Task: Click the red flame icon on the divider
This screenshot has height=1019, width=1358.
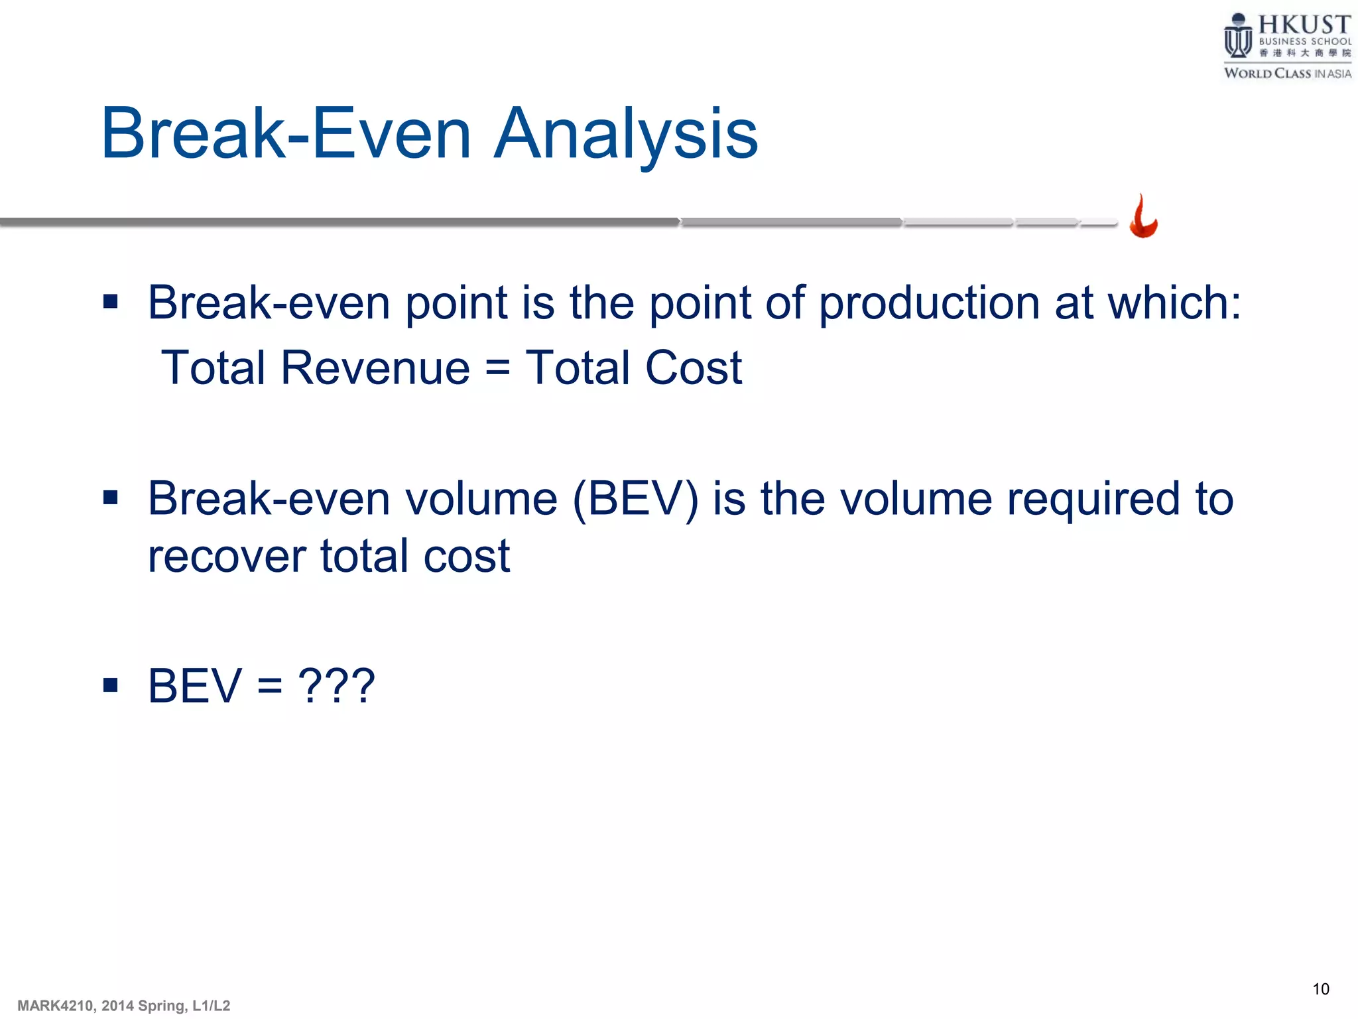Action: pyautogui.click(x=1143, y=217)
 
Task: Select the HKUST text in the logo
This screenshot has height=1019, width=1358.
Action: pyautogui.click(x=1304, y=25)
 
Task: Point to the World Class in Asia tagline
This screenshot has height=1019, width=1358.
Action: pyautogui.click(x=1287, y=74)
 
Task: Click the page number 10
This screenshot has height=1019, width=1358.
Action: pyautogui.click(x=1320, y=989)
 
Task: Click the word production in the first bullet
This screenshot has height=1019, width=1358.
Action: pyautogui.click(x=929, y=304)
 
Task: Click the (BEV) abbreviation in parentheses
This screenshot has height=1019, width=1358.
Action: pyautogui.click(x=635, y=499)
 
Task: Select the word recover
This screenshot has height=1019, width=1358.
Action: pyautogui.click(x=226, y=557)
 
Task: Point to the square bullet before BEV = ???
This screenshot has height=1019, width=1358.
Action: pyautogui.click(x=111, y=685)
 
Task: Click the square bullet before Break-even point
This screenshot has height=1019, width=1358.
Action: pyautogui.click(x=111, y=303)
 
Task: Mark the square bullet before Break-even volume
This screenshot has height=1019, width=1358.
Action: pyautogui.click(x=111, y=498)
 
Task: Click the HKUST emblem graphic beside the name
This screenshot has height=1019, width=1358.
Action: pyautogui.click(x=1237, y=37)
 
